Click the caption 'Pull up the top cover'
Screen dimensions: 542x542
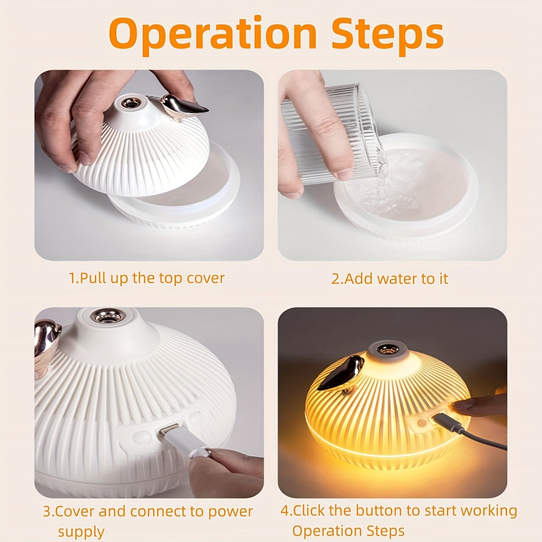click(147, 278)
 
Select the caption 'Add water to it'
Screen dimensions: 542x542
click(390, 279)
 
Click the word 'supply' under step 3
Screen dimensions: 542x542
click(81, 532)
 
